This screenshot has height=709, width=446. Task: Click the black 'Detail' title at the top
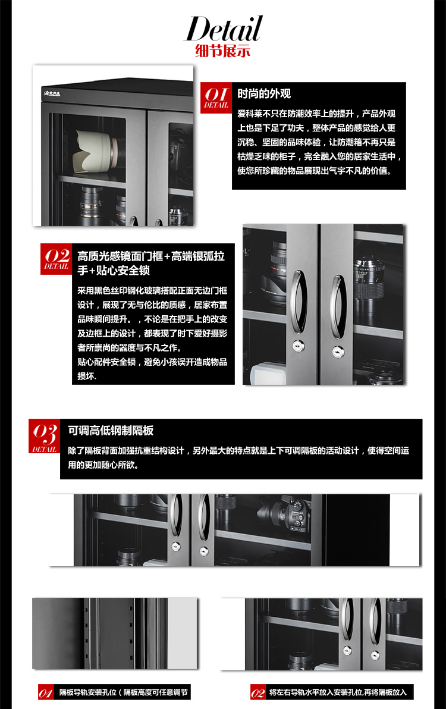pyautogui.click(x=223, y=29)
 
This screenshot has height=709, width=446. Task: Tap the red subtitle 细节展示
pyautogui.click(x=223, y=51)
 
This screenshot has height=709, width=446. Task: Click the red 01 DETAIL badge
pyautogui.click(x=216, y=97)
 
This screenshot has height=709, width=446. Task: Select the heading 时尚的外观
pyautogui.click(x=264, y=93)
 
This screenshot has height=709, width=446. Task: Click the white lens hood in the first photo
pyautogui.click(x=96, y=151)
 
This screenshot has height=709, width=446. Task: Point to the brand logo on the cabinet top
pyautogui.click(x=52, y=93)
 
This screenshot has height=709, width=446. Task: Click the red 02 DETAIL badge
pyautogui.click(x=56, y=259)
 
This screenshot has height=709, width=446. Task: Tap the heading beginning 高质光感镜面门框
pyautogui.click(x=151, y=263)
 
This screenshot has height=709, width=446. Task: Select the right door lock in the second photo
pyautogui.click(x=338, y=351)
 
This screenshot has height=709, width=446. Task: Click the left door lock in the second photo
pyautogui.click(x=298, y=346)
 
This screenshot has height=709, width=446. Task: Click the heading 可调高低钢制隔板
pyautogui.click(x=111, y=431)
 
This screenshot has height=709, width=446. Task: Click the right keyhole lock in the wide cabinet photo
pyautogui.click(x=205, y=551)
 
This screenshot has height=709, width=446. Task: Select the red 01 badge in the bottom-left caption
pyautogui.click(x=45, y=692)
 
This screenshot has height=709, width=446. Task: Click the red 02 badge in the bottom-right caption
pyautogui.click(x=257, y=692)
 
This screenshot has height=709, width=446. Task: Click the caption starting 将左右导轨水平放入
pyautogui.click(x=338, y=692)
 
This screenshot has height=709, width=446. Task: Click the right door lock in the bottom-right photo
pyautogui.click(x=375, y=655)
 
